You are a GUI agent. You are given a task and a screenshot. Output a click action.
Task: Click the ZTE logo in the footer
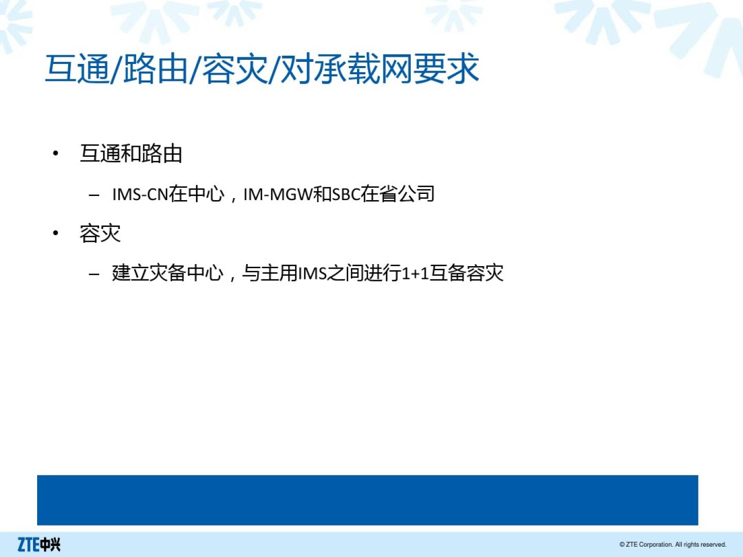39,544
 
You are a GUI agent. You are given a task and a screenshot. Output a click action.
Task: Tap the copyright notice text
673,545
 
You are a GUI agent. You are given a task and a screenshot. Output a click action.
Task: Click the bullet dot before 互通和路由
56,154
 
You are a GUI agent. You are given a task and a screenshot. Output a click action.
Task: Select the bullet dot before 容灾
56,233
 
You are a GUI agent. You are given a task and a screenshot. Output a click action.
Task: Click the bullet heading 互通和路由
131,154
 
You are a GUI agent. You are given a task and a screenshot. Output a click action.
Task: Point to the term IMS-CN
140,194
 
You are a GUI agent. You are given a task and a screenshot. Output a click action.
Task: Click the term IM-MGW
278,194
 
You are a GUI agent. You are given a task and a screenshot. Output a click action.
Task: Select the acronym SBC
346,194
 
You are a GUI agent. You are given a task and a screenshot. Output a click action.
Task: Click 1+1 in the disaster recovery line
415,273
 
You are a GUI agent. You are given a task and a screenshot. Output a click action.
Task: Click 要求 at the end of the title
446,69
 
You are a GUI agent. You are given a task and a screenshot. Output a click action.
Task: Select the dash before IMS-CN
94,195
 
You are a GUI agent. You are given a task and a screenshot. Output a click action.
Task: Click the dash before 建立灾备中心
94,274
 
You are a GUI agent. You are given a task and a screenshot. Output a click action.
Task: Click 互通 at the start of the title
78,69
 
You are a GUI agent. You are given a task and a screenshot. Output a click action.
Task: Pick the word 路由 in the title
156,69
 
